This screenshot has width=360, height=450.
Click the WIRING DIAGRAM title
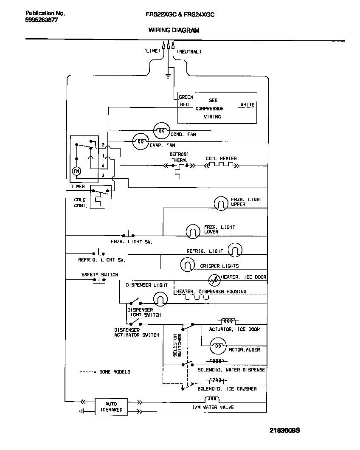(x=174, y=30)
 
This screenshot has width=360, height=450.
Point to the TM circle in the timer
(x=76, y=171)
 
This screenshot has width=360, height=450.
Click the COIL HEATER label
(x=221, y=158)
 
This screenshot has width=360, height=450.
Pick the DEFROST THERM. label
(x=179, y=157)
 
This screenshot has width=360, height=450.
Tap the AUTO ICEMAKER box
(x=111, y=406)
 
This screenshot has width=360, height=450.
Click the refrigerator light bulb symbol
(x=235, y=250)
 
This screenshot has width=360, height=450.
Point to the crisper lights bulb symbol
(x=187, y=265)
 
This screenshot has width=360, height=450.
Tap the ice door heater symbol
(x=214, y=280)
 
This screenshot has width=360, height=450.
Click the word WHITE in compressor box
(x=247, y=104)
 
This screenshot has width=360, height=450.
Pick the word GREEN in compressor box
(x=186, y=97)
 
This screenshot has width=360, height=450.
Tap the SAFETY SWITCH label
(x=100, y=275)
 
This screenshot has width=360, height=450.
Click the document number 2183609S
(x=285, y=430)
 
